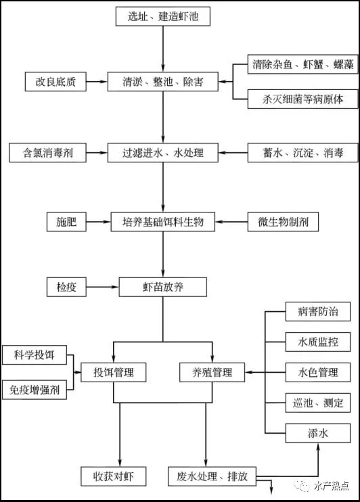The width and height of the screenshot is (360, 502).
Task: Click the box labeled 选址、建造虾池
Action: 162,16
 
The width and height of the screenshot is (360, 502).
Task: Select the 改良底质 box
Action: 55,82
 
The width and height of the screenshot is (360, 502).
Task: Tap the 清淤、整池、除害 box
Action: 162,82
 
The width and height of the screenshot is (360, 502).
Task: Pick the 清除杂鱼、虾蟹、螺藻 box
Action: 302,64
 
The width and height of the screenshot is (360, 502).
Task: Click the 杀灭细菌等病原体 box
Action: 302,99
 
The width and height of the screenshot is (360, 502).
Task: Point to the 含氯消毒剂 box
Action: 48,153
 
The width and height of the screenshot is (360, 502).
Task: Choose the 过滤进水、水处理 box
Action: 162,153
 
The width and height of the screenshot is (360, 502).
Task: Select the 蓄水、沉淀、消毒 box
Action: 302,153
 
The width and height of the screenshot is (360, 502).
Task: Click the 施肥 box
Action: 66,222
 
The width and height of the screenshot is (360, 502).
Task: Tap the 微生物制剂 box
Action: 283,222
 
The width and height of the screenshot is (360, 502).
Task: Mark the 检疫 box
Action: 66,287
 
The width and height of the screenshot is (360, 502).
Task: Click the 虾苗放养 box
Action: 162,287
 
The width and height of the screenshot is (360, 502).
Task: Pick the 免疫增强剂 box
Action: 35,390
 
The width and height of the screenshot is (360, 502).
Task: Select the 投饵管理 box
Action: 114,372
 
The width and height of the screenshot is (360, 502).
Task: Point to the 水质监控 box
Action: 318,342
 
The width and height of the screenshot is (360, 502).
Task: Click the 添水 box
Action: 318,433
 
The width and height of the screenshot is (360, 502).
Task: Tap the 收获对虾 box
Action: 114,476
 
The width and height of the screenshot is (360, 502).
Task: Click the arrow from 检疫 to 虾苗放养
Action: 102,287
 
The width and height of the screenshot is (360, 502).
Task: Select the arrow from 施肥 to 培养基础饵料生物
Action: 99,222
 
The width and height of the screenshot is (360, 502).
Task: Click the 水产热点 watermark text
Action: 331,486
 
